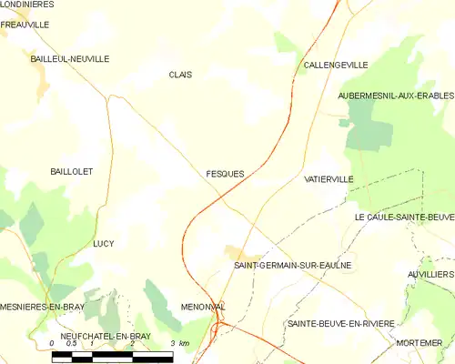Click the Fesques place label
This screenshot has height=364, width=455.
224,173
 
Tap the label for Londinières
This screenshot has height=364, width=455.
27,5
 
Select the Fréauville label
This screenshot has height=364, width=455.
25,25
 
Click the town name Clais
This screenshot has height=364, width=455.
180,75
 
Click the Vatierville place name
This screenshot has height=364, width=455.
329,179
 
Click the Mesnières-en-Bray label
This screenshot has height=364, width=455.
43,307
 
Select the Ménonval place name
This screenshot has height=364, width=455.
202,307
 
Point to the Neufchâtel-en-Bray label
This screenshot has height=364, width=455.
92,336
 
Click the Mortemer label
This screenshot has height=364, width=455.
419,343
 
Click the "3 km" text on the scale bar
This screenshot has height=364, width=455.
179,343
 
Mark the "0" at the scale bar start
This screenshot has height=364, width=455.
52,343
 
